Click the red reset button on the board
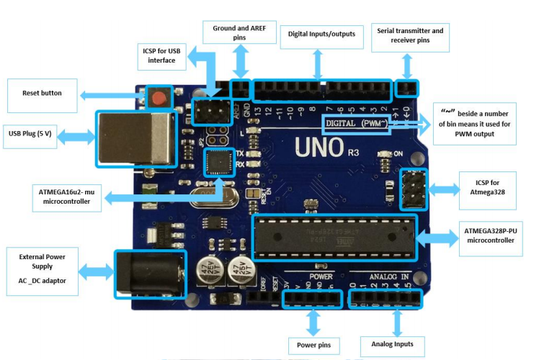(x=158, y=98)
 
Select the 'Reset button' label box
(x=41, y=94)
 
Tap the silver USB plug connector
(x=135, y=138)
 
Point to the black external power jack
(x=150, y=273)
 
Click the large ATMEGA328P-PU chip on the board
(x=334, y=238)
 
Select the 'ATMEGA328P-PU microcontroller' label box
(x=489, y=235)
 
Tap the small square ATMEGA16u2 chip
(x=217, y=162)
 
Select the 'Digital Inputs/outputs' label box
(x=321, y=33)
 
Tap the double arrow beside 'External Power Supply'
(x=95, y=271)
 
